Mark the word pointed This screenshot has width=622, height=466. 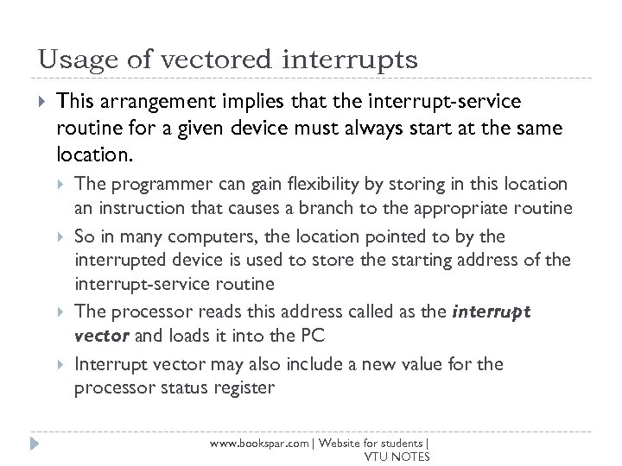pyautogui.click(x=378, y=236)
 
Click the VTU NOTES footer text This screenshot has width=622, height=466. pyautogui.click(x=397, y=457)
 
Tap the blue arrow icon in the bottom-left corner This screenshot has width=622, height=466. pyautogui.click(x=35, y=444)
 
